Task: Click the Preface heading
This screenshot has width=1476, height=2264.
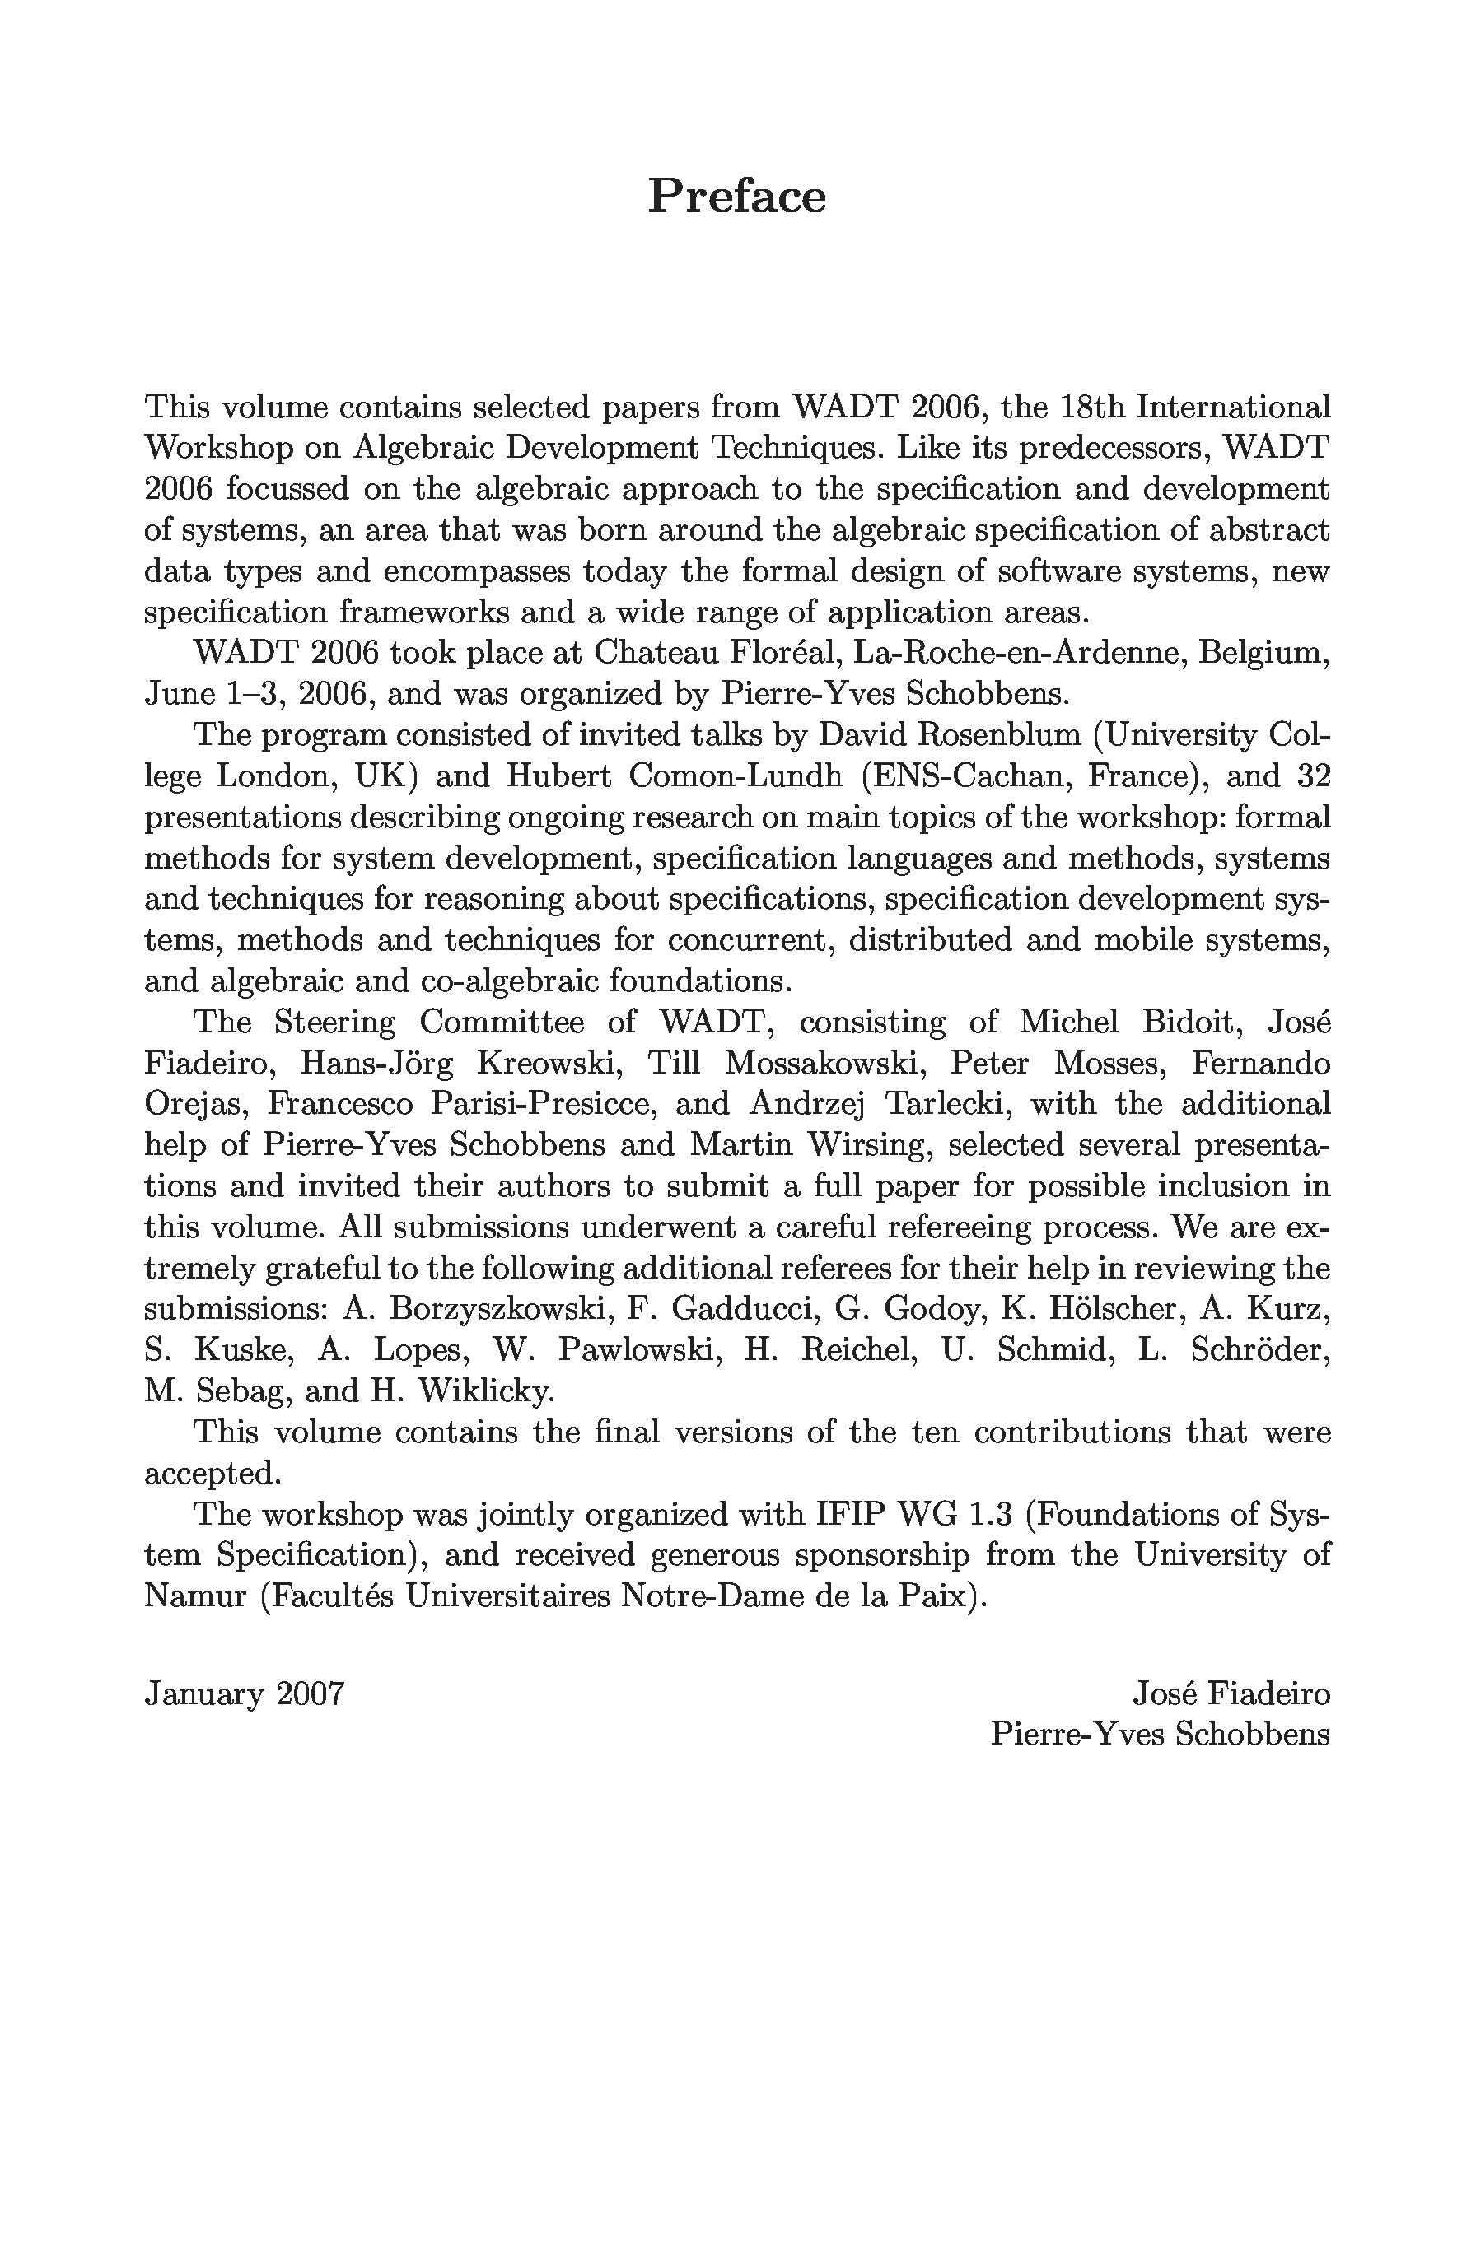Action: [x=736, y=196]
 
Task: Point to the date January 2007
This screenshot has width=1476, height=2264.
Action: [x=244, y=1694]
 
